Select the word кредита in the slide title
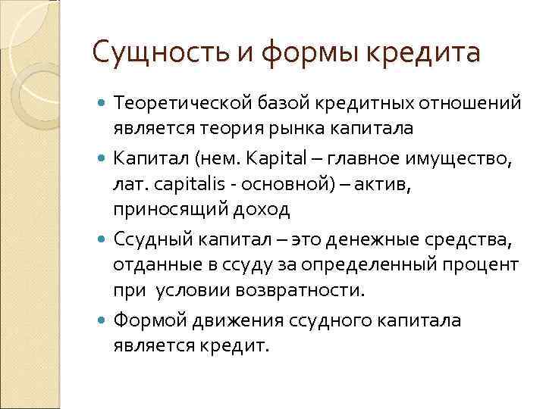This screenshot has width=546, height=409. coord(430,55)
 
